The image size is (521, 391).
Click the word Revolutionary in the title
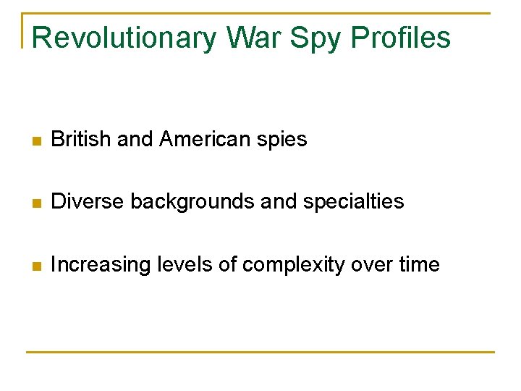[x=124, y=38]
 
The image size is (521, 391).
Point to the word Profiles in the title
[x=402, y=38]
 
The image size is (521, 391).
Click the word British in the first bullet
[x=81, y=139]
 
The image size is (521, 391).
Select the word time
[x=419, y=264]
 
